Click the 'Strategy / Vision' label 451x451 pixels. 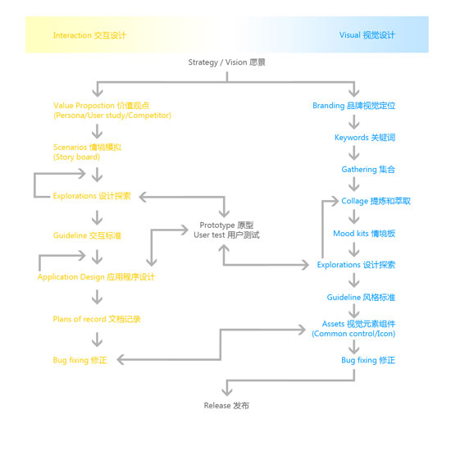pyautogui.click(x=226, y=62)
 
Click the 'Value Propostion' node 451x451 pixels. pyautogui.click(x=112, y=111)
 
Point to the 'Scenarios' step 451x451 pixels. pyautogui.click(x=87, y=152)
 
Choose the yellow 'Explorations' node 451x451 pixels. pyautogui.click(x=92, y=196)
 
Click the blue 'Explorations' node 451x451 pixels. pyautogui.click(x=356, y=265)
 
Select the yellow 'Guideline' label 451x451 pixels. pyautogui.click(x=87, y=235)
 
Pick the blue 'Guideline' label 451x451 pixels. pyautogui.click(x=361, y=297)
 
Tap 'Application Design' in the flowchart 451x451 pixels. pyautogui.click(x=96, y=277)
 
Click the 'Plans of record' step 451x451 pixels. pyautogui.click(x=97, y=319)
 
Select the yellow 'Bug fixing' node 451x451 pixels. pyautogui.click(x=80, y=360)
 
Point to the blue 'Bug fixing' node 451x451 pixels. pyautogui.click(x=368, y=360)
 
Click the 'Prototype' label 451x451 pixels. pyautogui.click(x=226, y=230)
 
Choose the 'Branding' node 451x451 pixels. pyautogui.click(x=353, y=106)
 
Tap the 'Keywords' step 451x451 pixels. pyautogui.click(x=365, y=138)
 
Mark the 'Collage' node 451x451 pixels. pyautogui.click(x=376, y=201)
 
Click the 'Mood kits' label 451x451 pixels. pyautogui.click(x=364, y=233)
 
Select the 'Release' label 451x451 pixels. pyautogui.click(x=226, y=406)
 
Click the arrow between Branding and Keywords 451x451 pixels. pyautogui.click(x=354, y=122)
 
